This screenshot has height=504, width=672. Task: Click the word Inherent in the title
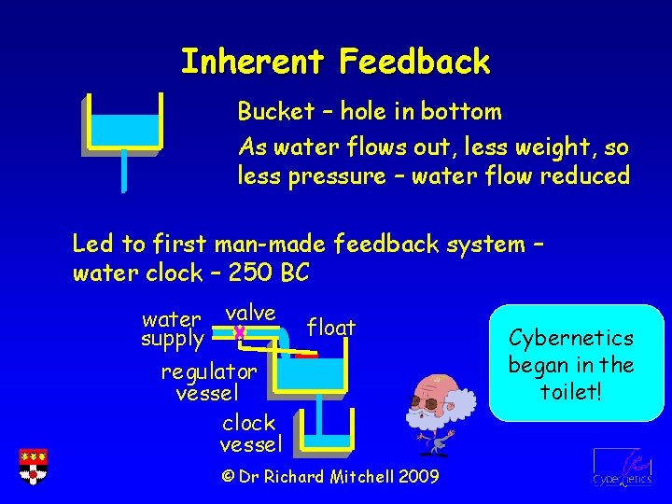pos(252,62)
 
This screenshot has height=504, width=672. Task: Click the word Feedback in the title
pos(414,62)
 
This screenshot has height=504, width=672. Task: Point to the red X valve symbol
pos(240,332)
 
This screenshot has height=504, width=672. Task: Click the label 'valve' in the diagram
pos(250,313)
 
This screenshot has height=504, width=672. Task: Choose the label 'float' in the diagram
pos(331,328)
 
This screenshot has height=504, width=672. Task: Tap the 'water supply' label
pos(172,329)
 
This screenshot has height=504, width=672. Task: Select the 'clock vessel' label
pos(249,433)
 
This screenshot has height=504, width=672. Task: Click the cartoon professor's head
pos(435,393)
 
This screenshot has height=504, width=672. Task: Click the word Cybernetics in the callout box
pos(571,338)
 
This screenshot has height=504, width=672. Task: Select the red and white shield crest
pos(33,467)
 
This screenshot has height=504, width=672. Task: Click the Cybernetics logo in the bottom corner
pos(621,468)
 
